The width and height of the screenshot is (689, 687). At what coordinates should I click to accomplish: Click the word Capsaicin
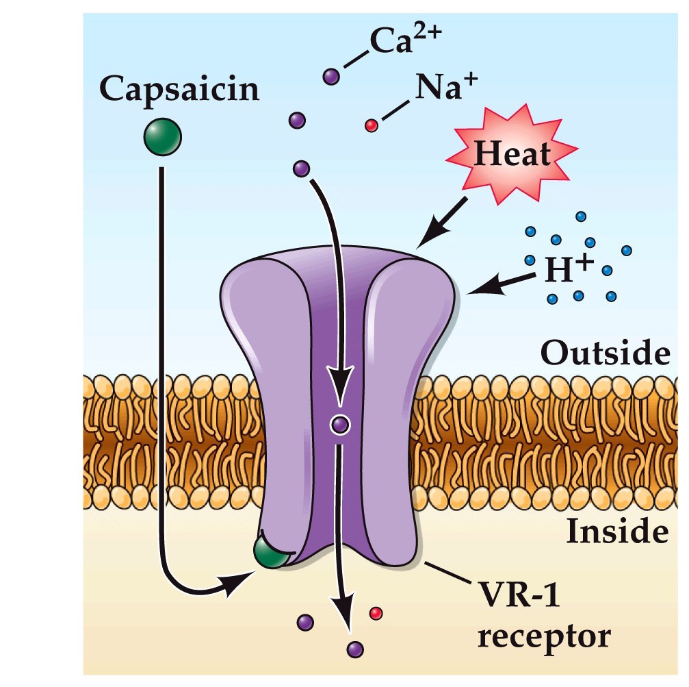(179, 90)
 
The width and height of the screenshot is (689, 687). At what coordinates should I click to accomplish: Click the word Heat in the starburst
(512, 154)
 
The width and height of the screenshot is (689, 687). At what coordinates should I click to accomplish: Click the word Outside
(604, 355)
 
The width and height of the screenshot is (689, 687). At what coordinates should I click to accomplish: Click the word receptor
(543, 636)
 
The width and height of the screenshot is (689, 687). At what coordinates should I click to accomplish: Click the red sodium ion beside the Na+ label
(372, 125)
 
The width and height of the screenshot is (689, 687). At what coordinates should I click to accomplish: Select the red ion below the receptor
(374, 612)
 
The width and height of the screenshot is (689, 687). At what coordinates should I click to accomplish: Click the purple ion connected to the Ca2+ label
(332, 75)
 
